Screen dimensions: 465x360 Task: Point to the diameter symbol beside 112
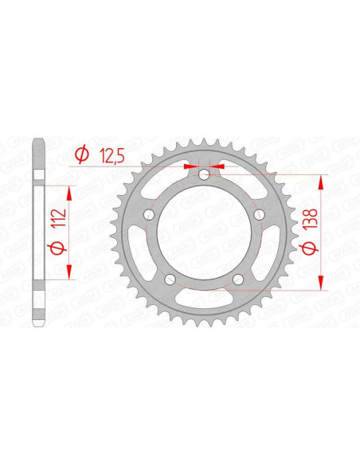pos(55,248)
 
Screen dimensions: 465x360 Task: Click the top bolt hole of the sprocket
pos(204,175)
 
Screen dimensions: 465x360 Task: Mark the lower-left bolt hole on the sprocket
pos(170,279)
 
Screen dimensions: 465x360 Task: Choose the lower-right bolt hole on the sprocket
pos(238,279)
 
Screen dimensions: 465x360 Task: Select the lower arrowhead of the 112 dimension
pos(70,271)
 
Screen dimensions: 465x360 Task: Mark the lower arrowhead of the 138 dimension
pos(321,282)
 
